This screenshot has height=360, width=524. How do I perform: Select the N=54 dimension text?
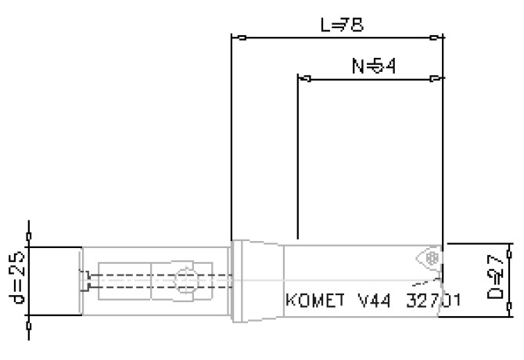tap(373, 67)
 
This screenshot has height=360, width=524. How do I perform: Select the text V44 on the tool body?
tap(371, 301)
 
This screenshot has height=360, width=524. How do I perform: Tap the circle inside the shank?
tap(184, 279)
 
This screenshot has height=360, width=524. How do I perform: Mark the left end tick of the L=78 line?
tap(242, 37)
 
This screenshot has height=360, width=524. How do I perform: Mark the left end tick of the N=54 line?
tap(307, 78)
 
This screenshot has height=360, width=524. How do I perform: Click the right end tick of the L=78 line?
tap(436, 37)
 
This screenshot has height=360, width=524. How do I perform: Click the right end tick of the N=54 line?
tap(436, 78)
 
